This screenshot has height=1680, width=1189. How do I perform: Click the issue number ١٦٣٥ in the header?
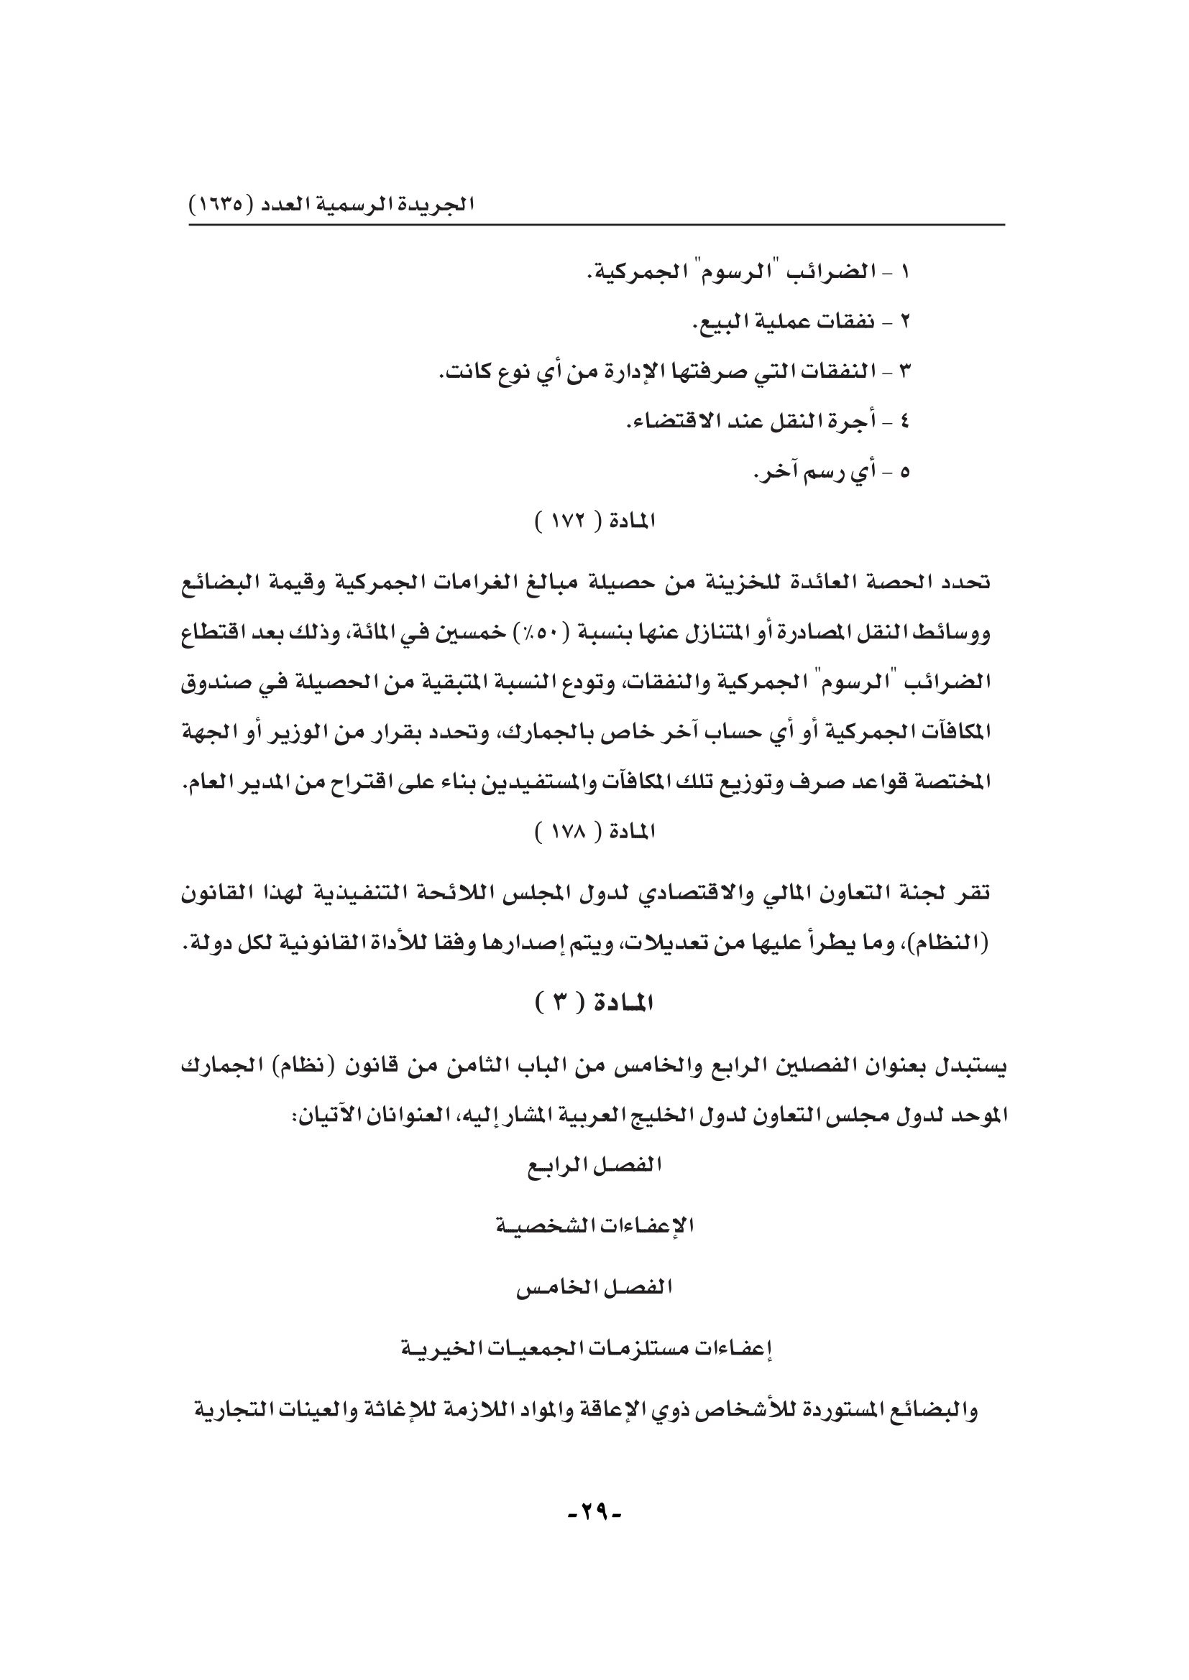click(x=219, y=204)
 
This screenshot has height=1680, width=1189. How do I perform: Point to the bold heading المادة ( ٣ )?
click(x=594, y=1003)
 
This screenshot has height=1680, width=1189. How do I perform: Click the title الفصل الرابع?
click(x=594, y=1166)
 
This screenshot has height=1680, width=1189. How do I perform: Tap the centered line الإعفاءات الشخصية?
click(x=594, y=1226)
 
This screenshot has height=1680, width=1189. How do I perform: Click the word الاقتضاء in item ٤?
click(x=667, y=422)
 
